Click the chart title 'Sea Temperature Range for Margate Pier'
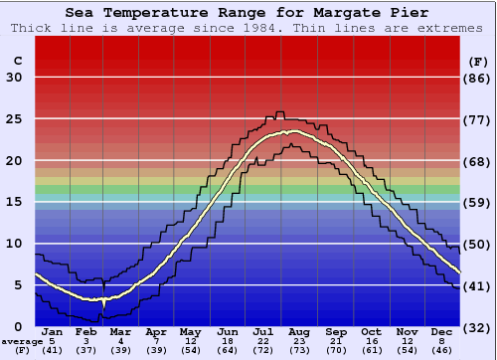248,13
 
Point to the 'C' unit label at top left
17,62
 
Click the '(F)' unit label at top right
478,62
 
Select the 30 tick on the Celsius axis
14,78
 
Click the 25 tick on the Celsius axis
14,119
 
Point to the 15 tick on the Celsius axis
14,202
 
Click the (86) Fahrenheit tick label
478,78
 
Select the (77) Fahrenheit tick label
478,119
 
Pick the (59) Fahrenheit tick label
478,202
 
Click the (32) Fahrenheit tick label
478,327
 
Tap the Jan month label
53,332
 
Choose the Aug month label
299,332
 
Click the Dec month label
440,332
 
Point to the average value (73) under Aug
299,351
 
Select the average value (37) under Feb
87,351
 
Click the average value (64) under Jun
228,351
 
